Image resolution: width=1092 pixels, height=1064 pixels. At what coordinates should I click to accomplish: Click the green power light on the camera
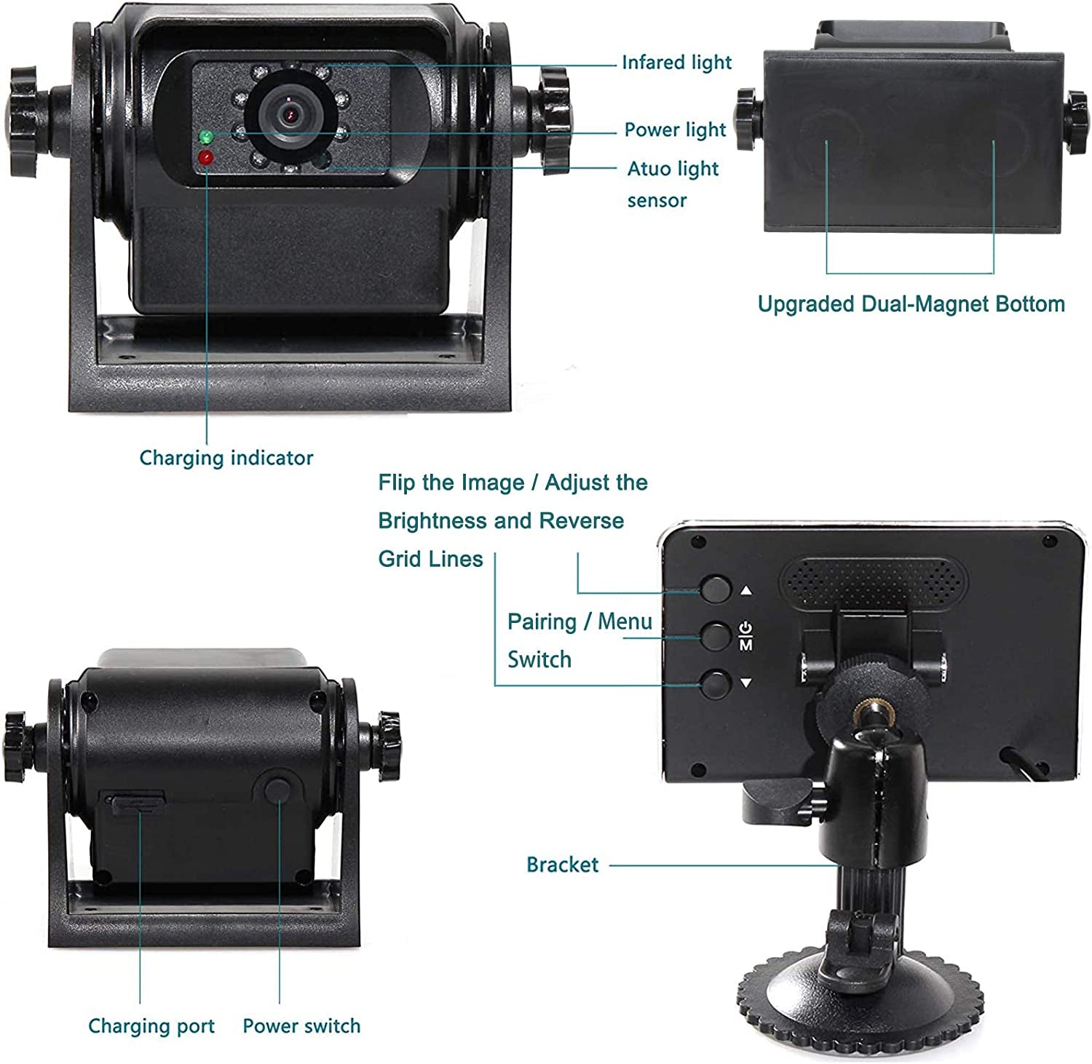(206, 137)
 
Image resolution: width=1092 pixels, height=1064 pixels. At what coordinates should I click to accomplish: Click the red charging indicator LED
(206, 156)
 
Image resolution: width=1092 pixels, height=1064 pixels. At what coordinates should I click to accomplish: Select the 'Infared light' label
(676, 63)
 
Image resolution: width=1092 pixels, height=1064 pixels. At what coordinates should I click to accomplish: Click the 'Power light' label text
(675, 130)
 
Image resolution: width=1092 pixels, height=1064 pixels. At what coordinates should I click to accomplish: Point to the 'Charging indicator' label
(226, 458)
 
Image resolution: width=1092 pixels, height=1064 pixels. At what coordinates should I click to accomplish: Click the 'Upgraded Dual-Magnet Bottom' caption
(911, 303)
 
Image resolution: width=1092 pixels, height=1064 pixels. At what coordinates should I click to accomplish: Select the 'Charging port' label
(151, 1026)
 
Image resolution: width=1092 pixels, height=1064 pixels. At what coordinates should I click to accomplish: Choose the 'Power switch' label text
(301, 1026)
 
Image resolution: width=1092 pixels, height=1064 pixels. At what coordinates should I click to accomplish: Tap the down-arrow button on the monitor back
(716, 684)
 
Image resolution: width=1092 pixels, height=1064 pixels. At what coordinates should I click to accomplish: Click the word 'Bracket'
(562, 865)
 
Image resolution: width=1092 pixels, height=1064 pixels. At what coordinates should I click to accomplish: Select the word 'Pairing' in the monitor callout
(542, 622)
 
